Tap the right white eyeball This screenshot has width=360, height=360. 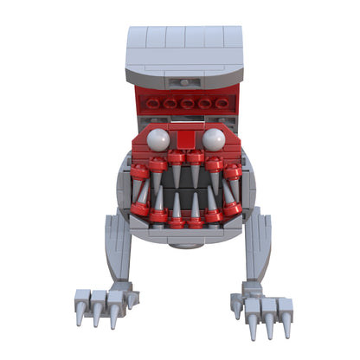click(214, 139)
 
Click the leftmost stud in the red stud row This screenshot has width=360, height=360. click(154, 103)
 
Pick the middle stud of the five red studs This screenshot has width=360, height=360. click(186, 103)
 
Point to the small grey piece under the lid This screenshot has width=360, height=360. click(184, 82)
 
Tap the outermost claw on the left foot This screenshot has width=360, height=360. click(80, 312)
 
